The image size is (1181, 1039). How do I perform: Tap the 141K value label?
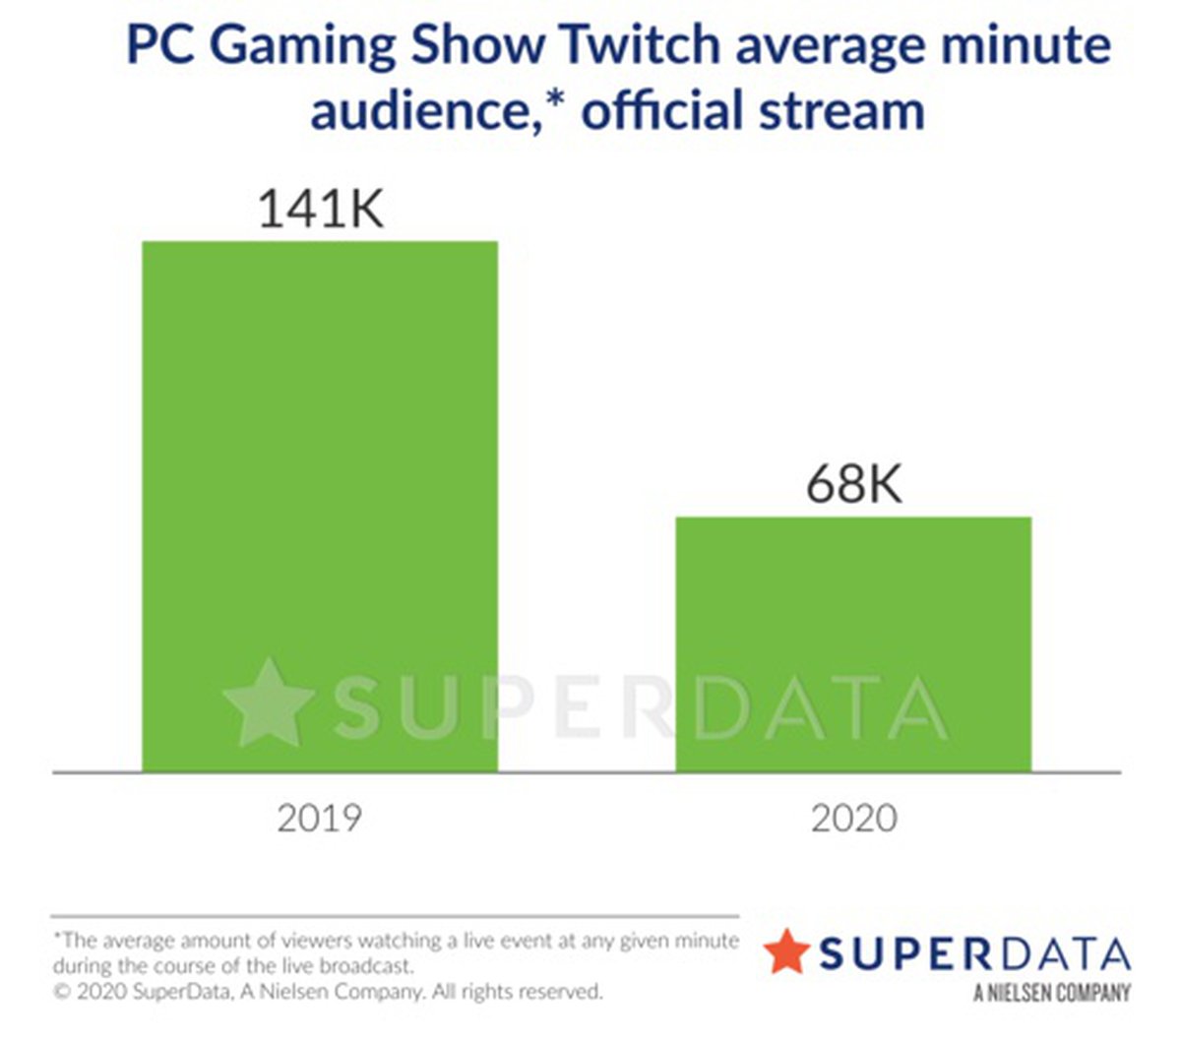(x=320, y=210)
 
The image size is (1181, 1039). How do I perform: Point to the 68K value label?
(x=853, y=484)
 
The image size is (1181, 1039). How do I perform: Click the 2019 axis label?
(x=320, y=818)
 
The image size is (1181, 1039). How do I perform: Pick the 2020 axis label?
(x=853, y=818)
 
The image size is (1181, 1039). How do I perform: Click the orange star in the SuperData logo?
(x=786, y=951)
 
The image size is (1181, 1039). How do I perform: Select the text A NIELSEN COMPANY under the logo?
(x=1052, y=993)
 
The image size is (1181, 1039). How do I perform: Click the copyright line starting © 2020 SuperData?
(x=328, y=991)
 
